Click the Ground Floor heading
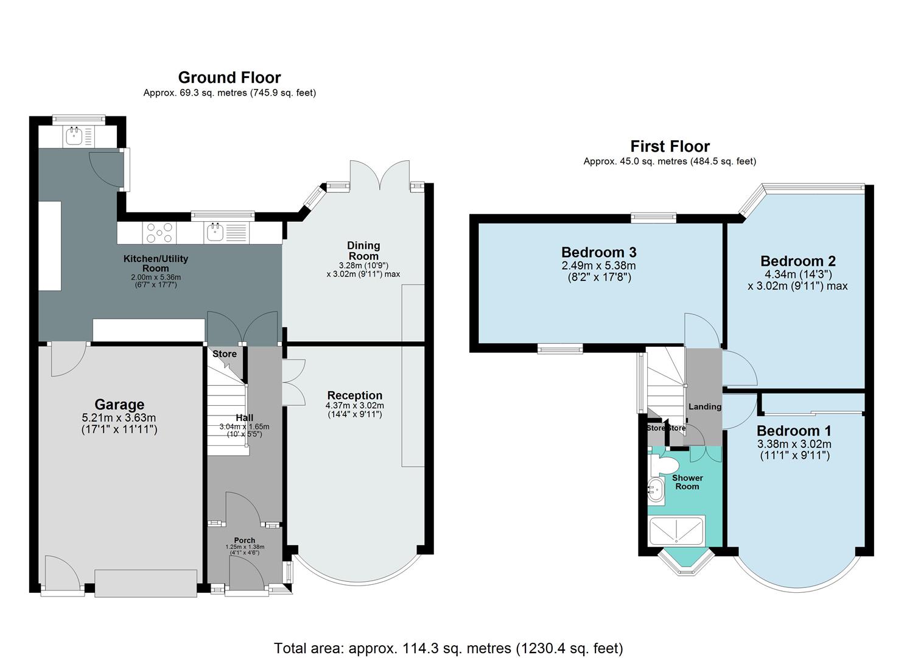coord(229,77)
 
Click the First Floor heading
coord(670,146)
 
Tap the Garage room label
coord(119,405)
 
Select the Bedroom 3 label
coord(598,252)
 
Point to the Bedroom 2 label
coord(797,261)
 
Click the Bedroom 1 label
coord(794,431)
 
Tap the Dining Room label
coord(363,250)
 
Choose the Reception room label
coord(354,395)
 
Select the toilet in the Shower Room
coord(660,465)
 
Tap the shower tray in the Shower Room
coord(676,531)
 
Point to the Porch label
coord(245,540)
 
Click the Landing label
coord(704,406)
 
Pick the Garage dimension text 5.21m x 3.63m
coord(119,418)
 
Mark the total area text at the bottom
coord(448,648)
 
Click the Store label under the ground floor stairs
coord(224,354)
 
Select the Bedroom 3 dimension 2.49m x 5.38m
coord(598,266)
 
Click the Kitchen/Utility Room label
coord(156,263)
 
